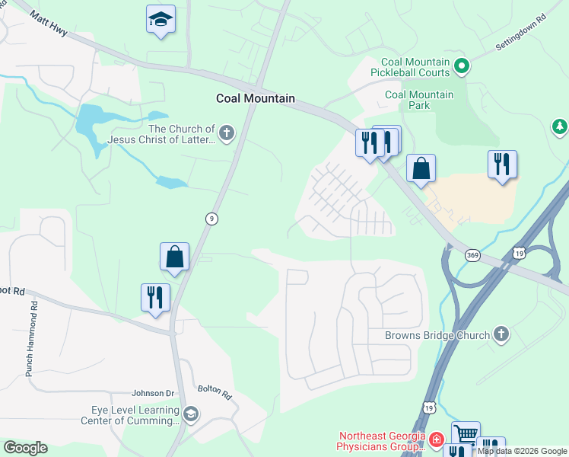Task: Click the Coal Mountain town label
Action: pyautogui.click(x=255, y=98)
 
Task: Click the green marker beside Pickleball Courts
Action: pyautogui.click(x=461, y=67)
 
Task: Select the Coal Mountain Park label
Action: pyautogui.click(x=419, y=100)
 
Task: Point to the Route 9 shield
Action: pyautogui.click(x=212, y=219)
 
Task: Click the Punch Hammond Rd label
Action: pyautogui.click(x=32, y=339)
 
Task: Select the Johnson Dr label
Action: pyautogui.click(x=153, y=393)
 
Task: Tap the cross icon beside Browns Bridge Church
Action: pyautogui.click(x=501, y=334)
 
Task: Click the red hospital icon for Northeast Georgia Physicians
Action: pyautogui.click(x=436, y=439)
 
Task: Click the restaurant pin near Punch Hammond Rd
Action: pyautogui.click(x=155, y=297)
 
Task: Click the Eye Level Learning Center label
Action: pyautogui.click(x=131, y=415)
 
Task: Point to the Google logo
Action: pyautogui.click(x=25, y=448)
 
